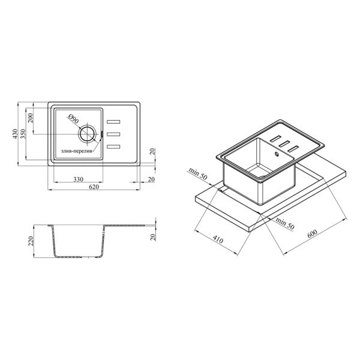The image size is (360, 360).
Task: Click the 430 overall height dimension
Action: (x=15, y=134)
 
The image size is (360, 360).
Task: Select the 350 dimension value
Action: (x=23, y=134)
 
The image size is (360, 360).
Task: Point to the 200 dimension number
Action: (x=31, y=118)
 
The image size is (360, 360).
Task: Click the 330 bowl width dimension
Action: (x=78, y=179)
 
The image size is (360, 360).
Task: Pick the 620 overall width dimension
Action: (x=94, y=187)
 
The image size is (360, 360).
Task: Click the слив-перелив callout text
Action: (x=77, y=151)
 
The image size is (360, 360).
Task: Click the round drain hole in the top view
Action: (x=87, y=134)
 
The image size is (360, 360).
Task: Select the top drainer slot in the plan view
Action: (x=113, y=122)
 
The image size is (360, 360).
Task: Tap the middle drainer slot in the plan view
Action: (x=113, y=134)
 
